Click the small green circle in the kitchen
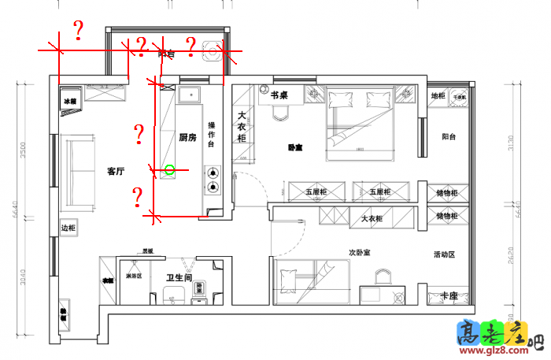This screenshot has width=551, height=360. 169,169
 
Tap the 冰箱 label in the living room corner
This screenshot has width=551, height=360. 71,102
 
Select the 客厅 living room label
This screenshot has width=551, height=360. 116,171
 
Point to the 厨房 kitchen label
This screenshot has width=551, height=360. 187,137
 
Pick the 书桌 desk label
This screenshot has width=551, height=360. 279,95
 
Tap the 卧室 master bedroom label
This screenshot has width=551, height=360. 294,147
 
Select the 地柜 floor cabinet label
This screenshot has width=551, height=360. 438,96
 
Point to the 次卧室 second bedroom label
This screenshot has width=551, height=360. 360,254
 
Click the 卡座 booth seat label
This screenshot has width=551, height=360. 449,295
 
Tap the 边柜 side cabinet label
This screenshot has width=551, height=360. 68,228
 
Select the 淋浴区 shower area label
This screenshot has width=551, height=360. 133,276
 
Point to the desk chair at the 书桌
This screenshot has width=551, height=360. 281,113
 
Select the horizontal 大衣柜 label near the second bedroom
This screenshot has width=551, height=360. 372,218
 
